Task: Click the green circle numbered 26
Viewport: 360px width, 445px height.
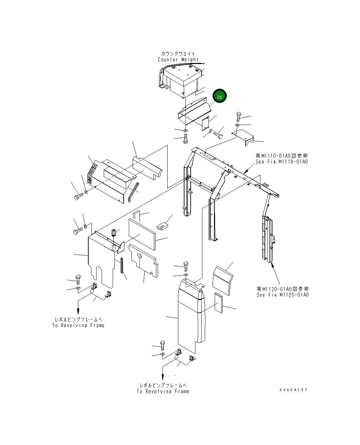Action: coord(220,96)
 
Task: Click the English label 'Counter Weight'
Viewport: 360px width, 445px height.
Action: coord(178,60)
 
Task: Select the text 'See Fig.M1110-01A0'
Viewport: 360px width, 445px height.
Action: coord(281,162)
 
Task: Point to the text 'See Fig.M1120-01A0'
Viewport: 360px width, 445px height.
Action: coord(282,295)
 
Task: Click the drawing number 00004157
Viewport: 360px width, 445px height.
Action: coord(293,390)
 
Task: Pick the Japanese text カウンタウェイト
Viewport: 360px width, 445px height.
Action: coord(178,54)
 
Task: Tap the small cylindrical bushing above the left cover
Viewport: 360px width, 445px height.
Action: coord(114,234)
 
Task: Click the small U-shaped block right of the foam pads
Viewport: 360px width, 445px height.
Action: coord(162,226)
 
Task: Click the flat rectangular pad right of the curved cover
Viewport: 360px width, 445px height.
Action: coord(218,303)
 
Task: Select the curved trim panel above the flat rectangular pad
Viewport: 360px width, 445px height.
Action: coord(222,280)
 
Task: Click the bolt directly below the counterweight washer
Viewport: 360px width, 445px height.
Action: coord(185,140)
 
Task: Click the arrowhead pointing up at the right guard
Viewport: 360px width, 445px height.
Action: coord(272,264)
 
